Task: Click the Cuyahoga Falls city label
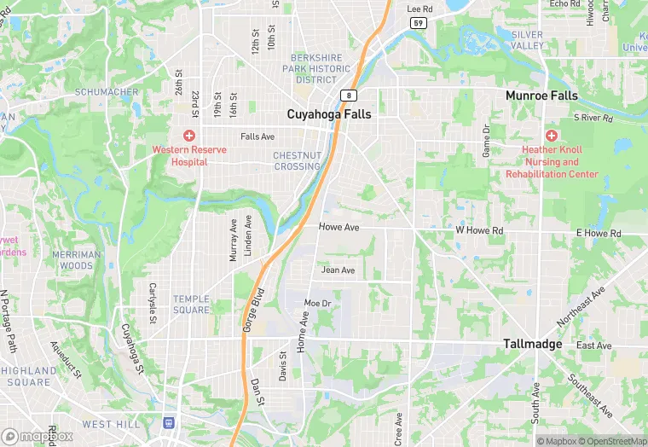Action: click(329, 113)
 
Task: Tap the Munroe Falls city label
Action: click(541, 96)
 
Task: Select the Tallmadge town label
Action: click(533, 344)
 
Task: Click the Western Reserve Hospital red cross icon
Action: click(189, 136)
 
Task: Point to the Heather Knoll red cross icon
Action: click(552, 136)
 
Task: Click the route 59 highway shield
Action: click(418, 23)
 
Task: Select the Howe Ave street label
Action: click(338, 228)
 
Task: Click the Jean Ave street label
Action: click(338, 270)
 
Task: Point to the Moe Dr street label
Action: click(317, 304)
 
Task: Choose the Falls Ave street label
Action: click(257, 136)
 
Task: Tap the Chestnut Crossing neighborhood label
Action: click(297, 160)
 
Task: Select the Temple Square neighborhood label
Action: click(191, 304)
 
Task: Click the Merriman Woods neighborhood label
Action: click(76, 260)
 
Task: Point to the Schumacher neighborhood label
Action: click(107, 92)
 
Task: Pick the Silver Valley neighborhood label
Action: click(527, 40)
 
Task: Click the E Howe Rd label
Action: click(599, 233)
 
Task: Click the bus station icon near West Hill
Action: click(169, 422)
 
